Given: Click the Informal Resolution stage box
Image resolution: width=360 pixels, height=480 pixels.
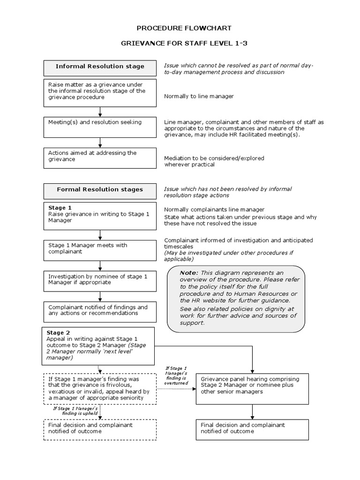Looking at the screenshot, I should click(x=100, y=67).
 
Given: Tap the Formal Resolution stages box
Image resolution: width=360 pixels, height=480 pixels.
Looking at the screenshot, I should click(x=100, y=190).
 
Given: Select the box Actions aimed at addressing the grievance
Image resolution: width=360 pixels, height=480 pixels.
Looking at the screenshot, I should click(x=100, y=158).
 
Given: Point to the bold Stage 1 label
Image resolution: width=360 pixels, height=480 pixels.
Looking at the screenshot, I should click(x=60, y=208).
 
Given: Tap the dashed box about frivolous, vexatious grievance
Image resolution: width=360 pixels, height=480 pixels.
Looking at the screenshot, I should click(x=100, y=388).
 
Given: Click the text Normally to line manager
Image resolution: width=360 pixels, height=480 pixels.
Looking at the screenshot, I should click(x=199, y=96).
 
